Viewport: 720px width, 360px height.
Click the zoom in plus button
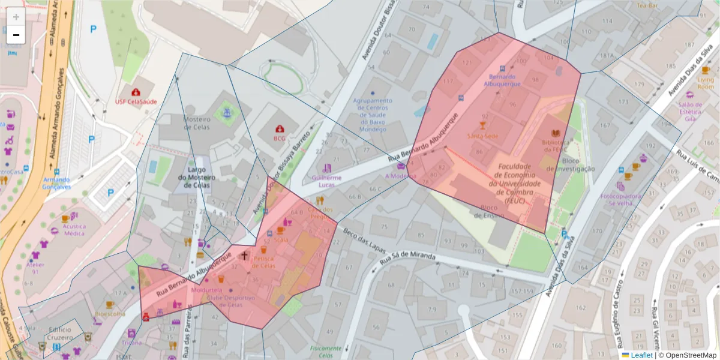click(16, 17)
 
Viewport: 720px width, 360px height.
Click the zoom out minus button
click(16, 35)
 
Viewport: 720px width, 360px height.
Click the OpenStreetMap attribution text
click(690, 355)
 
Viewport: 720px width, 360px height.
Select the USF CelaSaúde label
click(136, 101)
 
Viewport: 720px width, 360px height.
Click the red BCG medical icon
click(280, 128)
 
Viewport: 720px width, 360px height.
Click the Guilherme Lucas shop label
click(327, 181)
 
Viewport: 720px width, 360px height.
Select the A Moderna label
click(400, 176)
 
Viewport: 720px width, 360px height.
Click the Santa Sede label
click(482, 136)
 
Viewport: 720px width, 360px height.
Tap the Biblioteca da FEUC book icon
click(556, 133)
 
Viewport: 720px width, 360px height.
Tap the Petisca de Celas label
click(264, 262)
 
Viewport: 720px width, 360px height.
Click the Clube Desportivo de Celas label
click(231, 301)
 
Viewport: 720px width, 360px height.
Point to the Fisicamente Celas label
click(326, 352)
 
